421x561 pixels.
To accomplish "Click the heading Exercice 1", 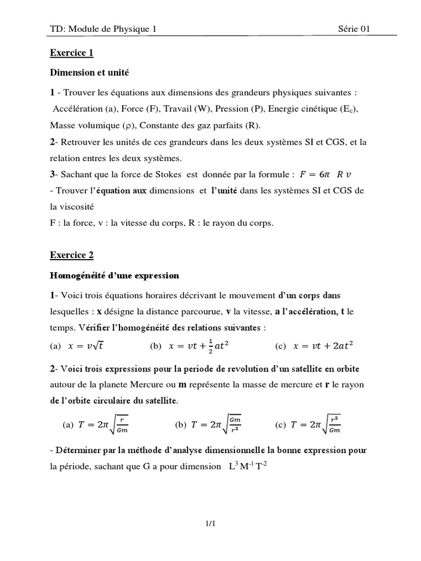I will click(72, 53).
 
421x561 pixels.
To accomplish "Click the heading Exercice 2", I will click(72, 255).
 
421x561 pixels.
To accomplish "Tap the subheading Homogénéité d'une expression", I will click(114, 275).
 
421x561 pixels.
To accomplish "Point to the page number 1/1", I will click(210, 524).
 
